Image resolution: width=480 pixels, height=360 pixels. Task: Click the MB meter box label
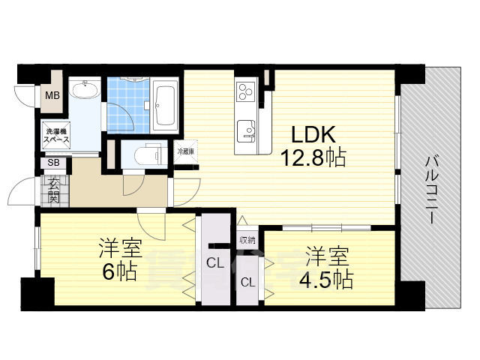(x=52, y=95)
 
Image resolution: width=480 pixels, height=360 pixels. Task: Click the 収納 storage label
(x=247, y=240)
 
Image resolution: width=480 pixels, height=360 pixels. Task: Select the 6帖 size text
(x=121, y=271)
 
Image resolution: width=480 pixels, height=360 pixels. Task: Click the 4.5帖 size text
(x=328, y=279)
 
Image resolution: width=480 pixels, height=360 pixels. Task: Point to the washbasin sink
(x=85, y=91)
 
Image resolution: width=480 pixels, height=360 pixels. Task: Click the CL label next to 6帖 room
(x=214, y=263)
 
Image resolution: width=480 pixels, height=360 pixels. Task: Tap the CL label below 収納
(x=247, y=282)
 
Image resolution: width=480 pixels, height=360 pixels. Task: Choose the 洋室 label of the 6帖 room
(x=121, y=248)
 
